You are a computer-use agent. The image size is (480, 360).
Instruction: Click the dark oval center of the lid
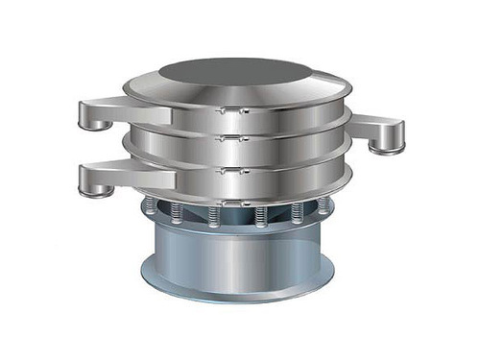pos(235,73)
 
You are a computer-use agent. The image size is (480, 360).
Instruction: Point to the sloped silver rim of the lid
pos(317,91)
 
